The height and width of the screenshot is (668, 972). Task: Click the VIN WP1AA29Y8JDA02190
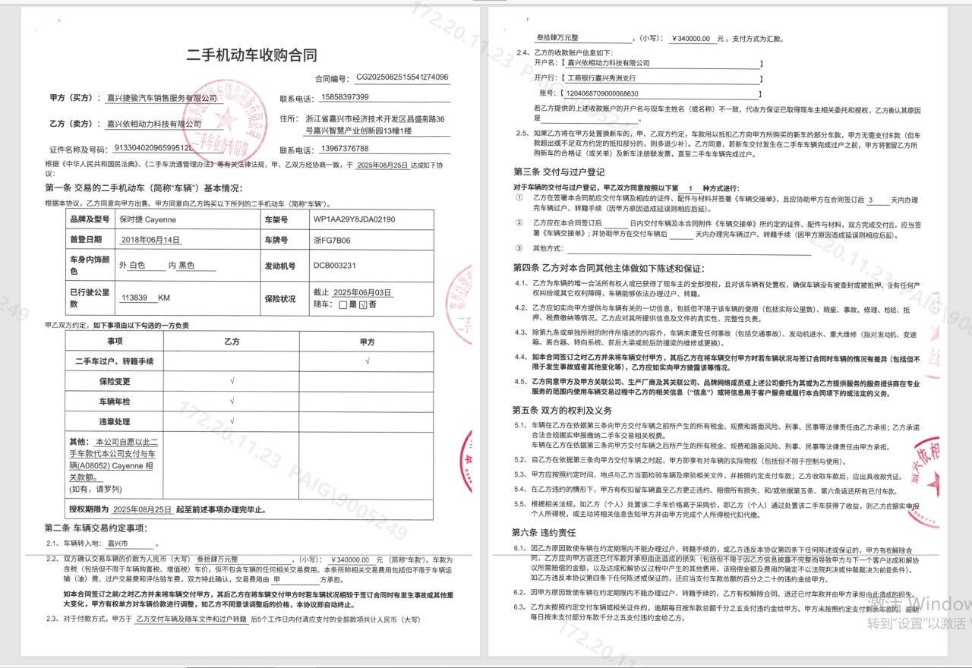[354, 219]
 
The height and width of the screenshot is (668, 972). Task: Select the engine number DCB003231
[335, 266]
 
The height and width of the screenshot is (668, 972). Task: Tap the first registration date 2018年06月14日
[151, 239]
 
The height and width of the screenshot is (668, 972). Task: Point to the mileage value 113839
[135, 298]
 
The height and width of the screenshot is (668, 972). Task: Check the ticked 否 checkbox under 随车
[362, 304]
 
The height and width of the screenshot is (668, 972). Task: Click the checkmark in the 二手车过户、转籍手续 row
[368, 361]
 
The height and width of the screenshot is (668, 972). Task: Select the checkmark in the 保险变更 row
[232, 381]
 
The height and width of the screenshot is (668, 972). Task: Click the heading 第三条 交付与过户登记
[559, 172]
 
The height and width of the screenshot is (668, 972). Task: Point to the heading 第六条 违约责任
[544, 532]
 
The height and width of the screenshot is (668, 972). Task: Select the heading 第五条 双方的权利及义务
[563, 410]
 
